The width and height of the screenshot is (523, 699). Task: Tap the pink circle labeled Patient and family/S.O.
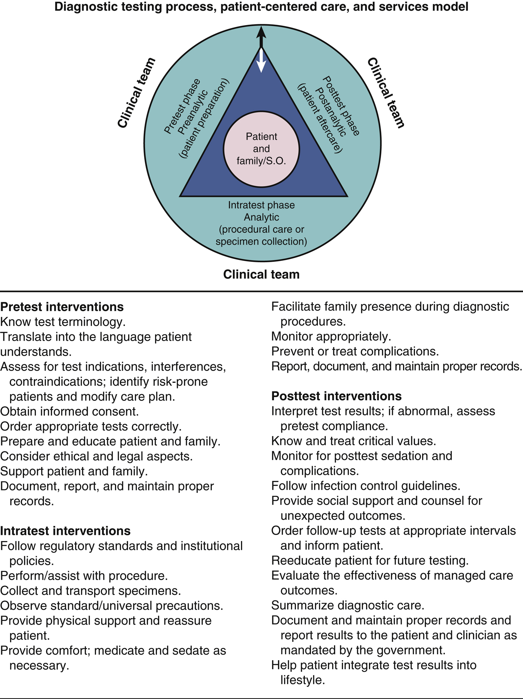click(x=261, y=149)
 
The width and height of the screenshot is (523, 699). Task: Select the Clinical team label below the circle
click(x=261, y=275)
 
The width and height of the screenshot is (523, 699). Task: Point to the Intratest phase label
click(x=261, y=205)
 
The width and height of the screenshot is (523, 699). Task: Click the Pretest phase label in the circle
click(x=182, y=106)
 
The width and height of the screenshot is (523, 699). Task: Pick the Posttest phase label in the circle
click(x=341, y=106)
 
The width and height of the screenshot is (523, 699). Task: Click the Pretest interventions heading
click(x=62, y=307)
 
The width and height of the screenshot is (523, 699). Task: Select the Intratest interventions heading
click(x=65, y=531)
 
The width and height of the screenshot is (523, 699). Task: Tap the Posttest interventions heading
click(x=337, y=396)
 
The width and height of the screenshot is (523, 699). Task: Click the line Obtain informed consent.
click(x=69, y=411)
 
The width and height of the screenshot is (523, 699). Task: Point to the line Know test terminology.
click(x=63, y=322)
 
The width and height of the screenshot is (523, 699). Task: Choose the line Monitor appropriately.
click(x=331, y=337)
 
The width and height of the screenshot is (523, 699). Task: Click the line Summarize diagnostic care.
click(x=348, y=605)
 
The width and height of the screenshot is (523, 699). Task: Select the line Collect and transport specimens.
click(x=90, y=591)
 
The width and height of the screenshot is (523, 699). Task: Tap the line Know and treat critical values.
click(x=354, y=441)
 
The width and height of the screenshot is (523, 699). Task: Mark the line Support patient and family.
click(x=74, y=471)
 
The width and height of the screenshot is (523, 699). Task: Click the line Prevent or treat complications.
click(x=355, y=352)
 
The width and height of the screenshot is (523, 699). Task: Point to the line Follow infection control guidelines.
click(x=366, y=486)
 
